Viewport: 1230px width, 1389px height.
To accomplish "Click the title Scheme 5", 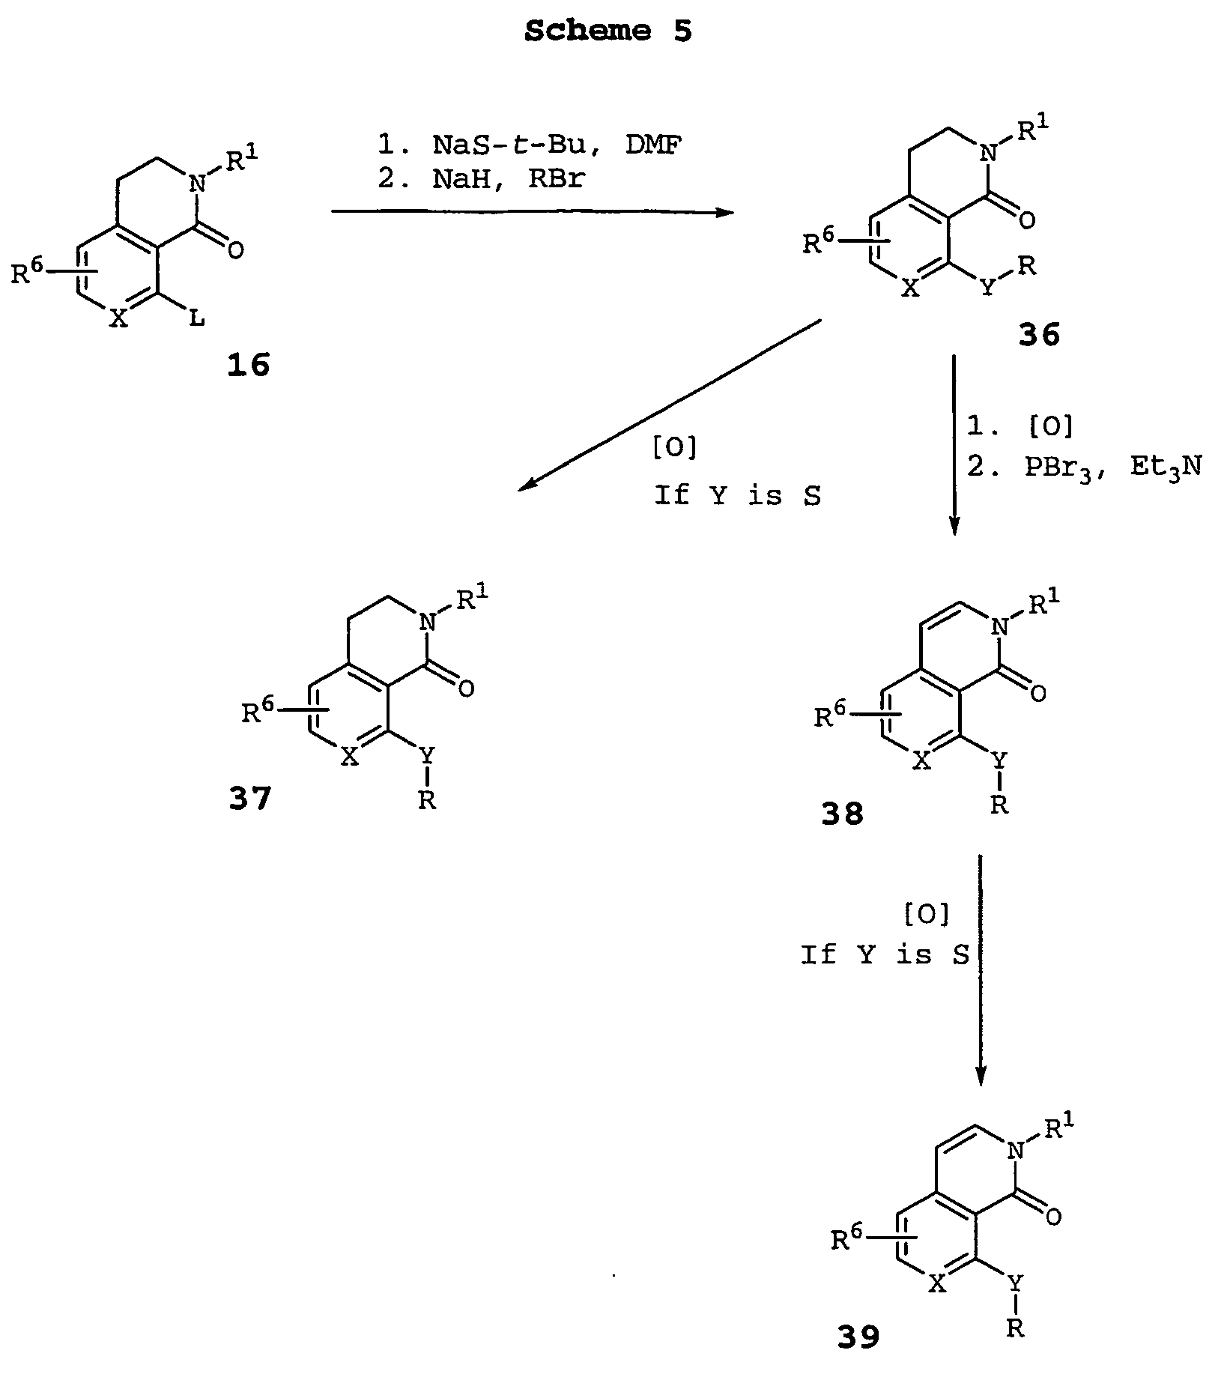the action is tap(608, 31).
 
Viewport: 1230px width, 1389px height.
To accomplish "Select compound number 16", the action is tap(248, 366).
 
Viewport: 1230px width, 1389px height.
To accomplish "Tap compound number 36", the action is tap(1039, 335).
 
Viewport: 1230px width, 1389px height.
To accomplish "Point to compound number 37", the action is tap(251, 799).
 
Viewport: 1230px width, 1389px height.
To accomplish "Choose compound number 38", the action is tap(842, 813).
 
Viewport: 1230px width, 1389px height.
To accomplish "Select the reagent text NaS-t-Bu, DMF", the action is tap(557, 145).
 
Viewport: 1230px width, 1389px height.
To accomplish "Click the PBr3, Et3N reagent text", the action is tap(1113, 468).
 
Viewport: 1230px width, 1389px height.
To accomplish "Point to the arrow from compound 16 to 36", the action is tap(532, 213).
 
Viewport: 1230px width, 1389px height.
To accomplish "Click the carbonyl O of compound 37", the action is tap(466, 689).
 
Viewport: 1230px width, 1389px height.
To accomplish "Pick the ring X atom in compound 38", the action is tap(923, 761).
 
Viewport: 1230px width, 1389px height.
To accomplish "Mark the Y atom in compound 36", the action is tap(989, 288).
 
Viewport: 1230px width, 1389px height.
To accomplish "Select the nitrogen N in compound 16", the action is tap(196, 183).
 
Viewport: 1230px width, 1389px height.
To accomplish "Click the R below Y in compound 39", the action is tap(1015, 1328).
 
